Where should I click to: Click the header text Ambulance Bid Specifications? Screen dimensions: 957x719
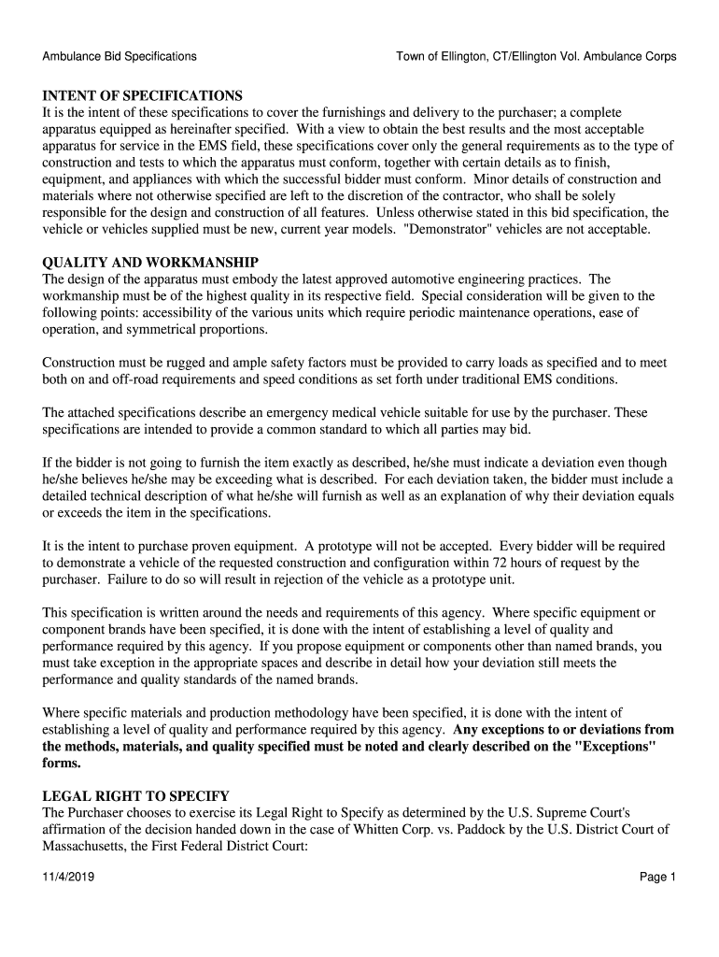pyautogui.click(x=119, y=56)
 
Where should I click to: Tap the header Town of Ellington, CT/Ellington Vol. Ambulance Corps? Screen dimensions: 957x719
pyautogui.click(x=536, y=56)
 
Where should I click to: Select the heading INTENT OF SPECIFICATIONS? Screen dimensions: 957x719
pyautogui.click(x=142, y=96)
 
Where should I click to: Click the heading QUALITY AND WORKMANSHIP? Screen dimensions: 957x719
pyautogui.click(x=149, y=263)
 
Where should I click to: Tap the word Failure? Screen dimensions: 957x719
pyautogui.click(x=135, y=579)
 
